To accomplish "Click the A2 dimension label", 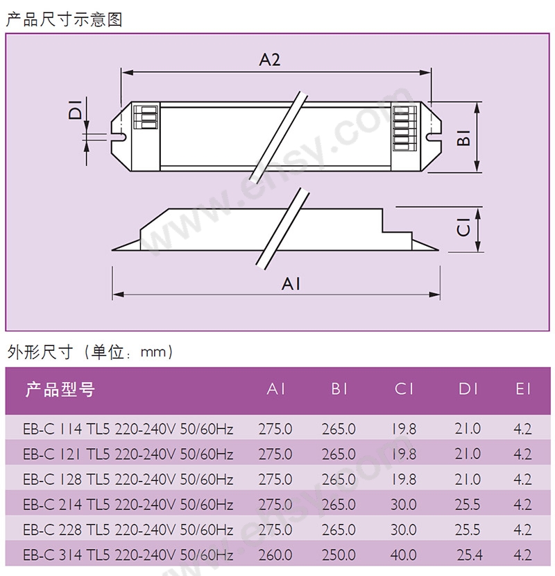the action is [270, 60].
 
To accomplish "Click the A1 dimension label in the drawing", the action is [291, 284].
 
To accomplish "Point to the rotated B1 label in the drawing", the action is [463, 138].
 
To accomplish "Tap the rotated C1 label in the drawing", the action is [463, 227].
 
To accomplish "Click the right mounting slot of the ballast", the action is [434, 137].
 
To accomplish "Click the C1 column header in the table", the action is [404, 389].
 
